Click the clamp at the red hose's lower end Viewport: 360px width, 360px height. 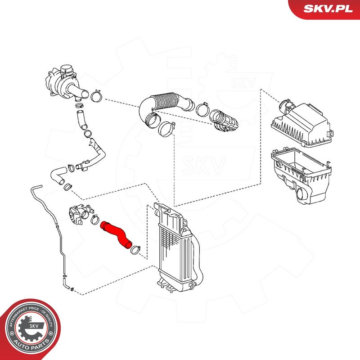[x=136, y=247]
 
